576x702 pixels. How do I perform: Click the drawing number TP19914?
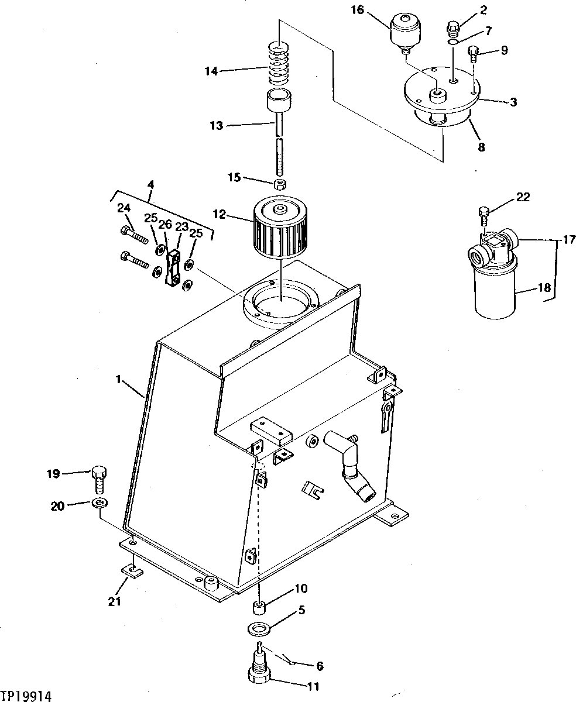(27, 696)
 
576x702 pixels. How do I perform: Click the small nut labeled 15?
(280, 185)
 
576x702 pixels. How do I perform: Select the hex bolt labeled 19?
(99, 479)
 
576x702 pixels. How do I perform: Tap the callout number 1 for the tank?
(118, 380)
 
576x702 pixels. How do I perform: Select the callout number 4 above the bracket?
(150, 185)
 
